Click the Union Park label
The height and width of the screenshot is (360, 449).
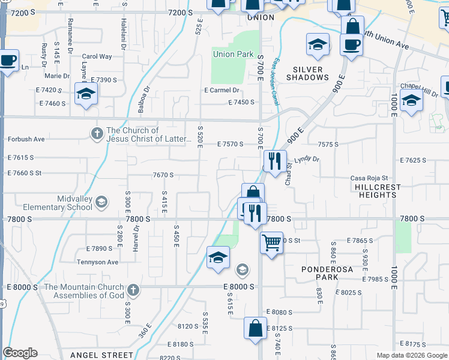pos(233,55)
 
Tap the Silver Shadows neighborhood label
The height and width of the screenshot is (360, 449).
pos(307,73)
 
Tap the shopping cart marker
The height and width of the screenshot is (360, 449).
pos(271,243)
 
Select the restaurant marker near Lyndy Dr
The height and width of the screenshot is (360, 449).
pos(274,161)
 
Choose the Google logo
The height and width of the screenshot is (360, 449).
pos(20,353)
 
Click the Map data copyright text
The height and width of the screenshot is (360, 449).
pos(411,355)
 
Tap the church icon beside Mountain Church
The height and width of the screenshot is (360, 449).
pos(133,290)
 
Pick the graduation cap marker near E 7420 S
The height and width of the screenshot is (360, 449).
pos(86,94)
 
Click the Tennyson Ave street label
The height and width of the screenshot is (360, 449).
pos(97,262)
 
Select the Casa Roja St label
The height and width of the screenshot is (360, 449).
pos(370,178)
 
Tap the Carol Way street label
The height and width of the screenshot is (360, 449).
pos(97,57)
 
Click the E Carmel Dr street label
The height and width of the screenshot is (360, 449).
pos(221,91)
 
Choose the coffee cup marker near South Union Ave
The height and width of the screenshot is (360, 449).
pos(351,44)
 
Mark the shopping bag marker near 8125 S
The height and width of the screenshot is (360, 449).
pos(255,328)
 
